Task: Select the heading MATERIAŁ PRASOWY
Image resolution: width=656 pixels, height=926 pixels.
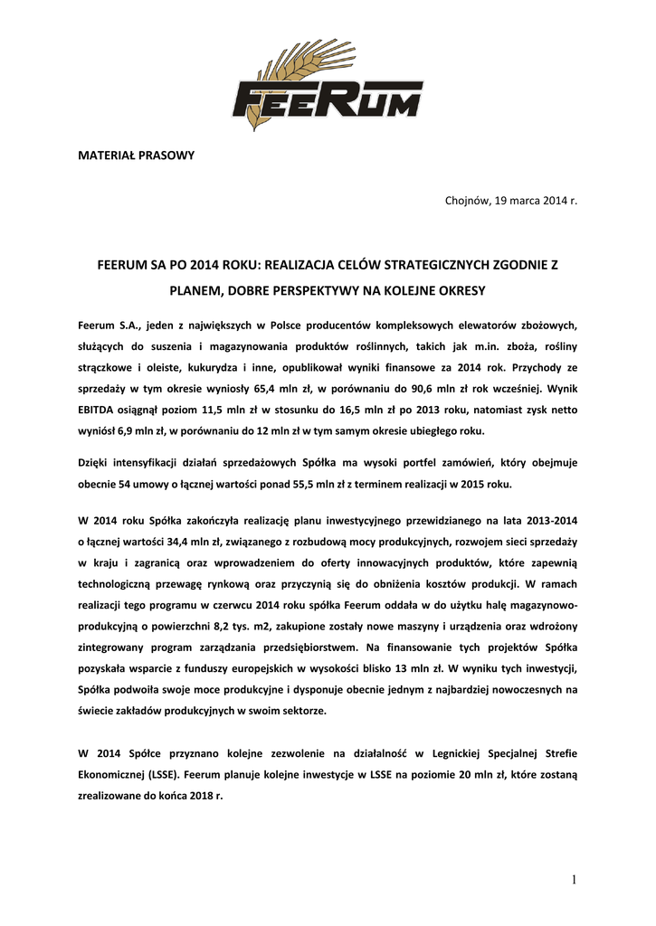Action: click(135, 156)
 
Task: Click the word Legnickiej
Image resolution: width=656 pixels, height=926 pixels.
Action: click(443, 753)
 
